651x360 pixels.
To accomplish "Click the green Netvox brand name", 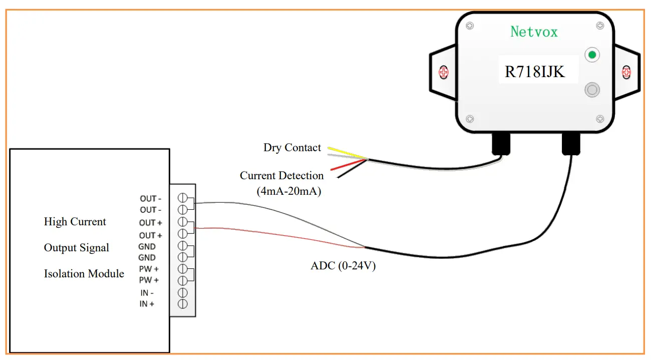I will click(534, 32).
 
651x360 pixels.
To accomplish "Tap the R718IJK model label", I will click(534, 72).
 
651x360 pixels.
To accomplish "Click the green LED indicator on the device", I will click(592, 55).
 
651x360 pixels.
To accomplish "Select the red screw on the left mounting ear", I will click(443, 73).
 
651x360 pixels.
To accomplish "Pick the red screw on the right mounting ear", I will click(625, 72).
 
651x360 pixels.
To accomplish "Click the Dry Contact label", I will click(292, 148).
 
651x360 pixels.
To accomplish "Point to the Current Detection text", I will click(281, 176).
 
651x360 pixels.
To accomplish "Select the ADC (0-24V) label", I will click(343, 266).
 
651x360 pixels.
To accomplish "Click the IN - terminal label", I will click(147, 293).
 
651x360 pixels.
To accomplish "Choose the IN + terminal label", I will click(147, 304).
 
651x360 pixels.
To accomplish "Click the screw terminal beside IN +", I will click(183, 303).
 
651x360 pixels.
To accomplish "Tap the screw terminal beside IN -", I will click(183, 292).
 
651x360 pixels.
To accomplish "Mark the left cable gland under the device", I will click(501, 143).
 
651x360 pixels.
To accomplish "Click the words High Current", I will click(75, 222).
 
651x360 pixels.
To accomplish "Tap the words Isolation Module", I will click(84, 274).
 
